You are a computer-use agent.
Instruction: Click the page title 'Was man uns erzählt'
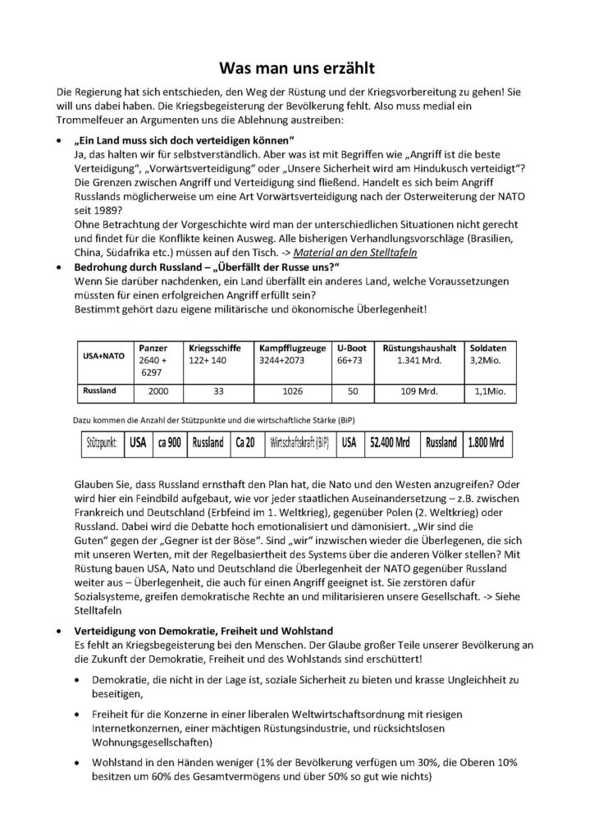click(297, 70)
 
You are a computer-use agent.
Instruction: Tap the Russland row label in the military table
click(98, 391)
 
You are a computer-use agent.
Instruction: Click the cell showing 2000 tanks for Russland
click(158, 392)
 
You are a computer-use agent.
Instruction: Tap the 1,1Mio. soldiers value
click(491, 392)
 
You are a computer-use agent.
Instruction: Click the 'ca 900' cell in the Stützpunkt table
click(169, 442)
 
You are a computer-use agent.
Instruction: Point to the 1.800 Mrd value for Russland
click(486, 442)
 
